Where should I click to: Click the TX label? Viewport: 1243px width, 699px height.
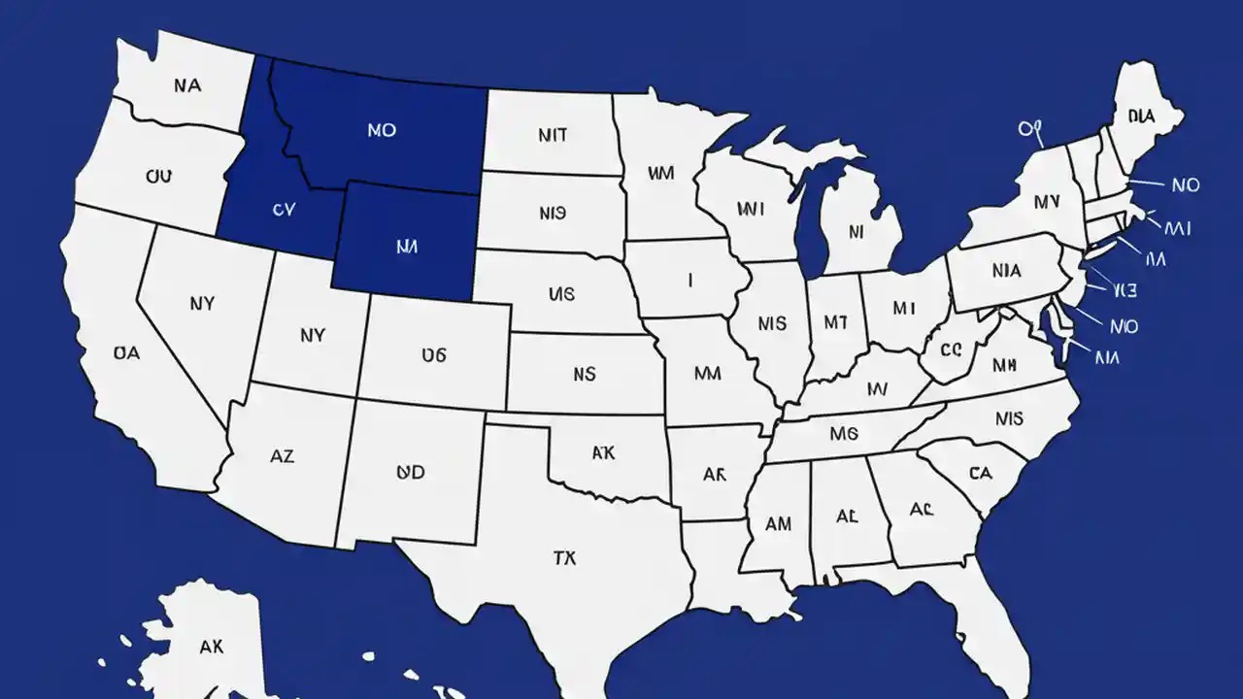(x=564, y=558)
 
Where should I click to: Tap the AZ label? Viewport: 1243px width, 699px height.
(x=282, y=454)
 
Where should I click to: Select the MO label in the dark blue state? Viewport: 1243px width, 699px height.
(x=382, y=129)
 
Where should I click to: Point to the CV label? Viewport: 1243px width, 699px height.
(x=283, y=208)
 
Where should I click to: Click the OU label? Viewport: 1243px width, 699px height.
(x=158, y=177)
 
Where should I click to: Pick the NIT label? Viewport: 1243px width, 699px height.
(x=552, y=135)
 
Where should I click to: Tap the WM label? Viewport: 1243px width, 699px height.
(x=660, y=174)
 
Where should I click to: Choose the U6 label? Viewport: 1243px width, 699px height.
(x=434, y=355)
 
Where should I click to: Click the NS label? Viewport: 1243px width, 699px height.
(x=584, y=373)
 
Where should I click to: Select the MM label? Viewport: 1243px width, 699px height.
(x=707, y=373)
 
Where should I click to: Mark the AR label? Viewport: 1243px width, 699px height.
(x=714, y=475)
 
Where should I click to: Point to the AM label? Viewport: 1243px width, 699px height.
(x=778, y=524)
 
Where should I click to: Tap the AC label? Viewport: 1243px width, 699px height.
(x=921, y=509)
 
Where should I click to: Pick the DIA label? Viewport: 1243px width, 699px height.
(x=1141, y=116)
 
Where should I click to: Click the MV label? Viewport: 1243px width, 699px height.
(x=1046, y=203)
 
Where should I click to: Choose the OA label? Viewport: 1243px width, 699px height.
(x=126, y=353)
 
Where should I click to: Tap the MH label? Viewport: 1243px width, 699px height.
(x=1004, y=366)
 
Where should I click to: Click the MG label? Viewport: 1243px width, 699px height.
(x=844, y=433)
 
